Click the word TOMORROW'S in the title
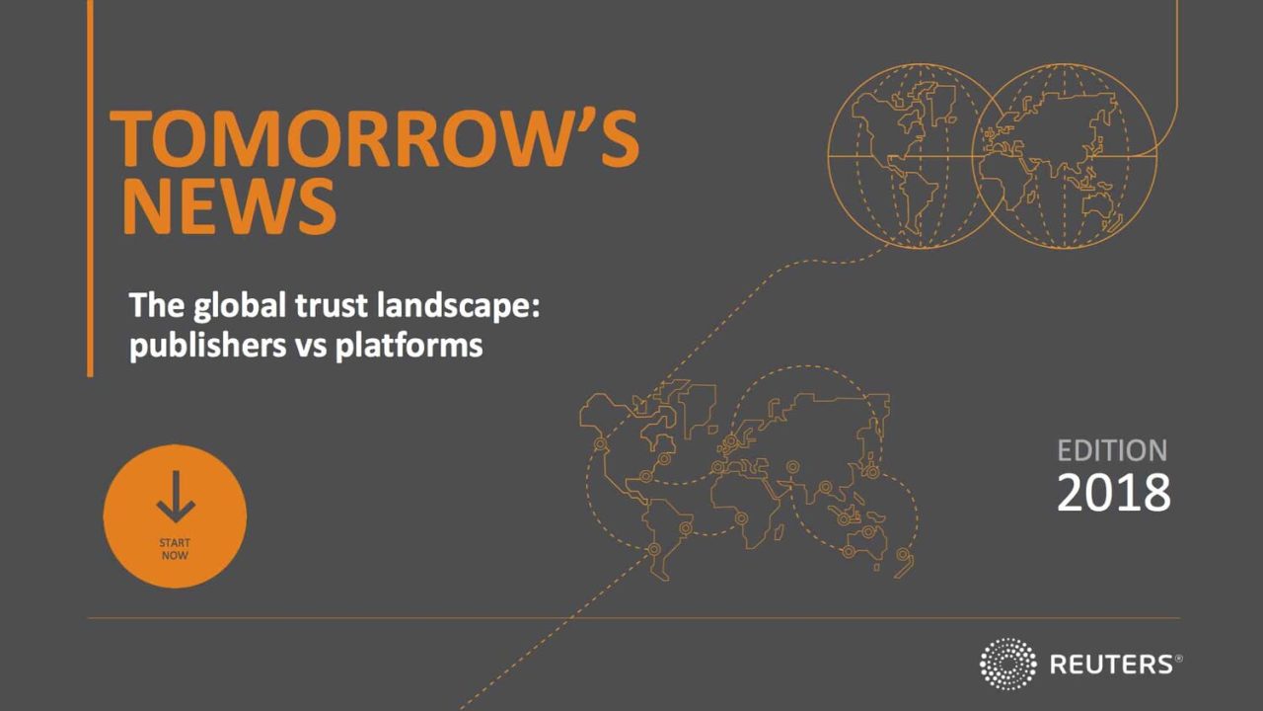(x=374, y=139)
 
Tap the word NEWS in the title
(x=230, y=206)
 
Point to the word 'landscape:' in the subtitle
(x=458, y=307)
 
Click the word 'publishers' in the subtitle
(x=208, y=346)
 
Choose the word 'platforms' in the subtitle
(x=409, y=346)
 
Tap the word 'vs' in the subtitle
(x=311, y=347)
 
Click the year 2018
(x=1114, y=493)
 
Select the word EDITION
(x=1112, y=451)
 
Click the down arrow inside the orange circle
(x=176, y=496)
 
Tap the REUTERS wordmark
(x=1111, y=665)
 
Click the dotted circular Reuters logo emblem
(x=1008, y=664)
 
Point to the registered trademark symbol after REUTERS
(x=1178, y=659)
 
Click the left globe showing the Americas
(x=829, y=156)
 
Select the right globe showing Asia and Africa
(x=1155, y=156)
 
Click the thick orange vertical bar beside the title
(x=90, y=189)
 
